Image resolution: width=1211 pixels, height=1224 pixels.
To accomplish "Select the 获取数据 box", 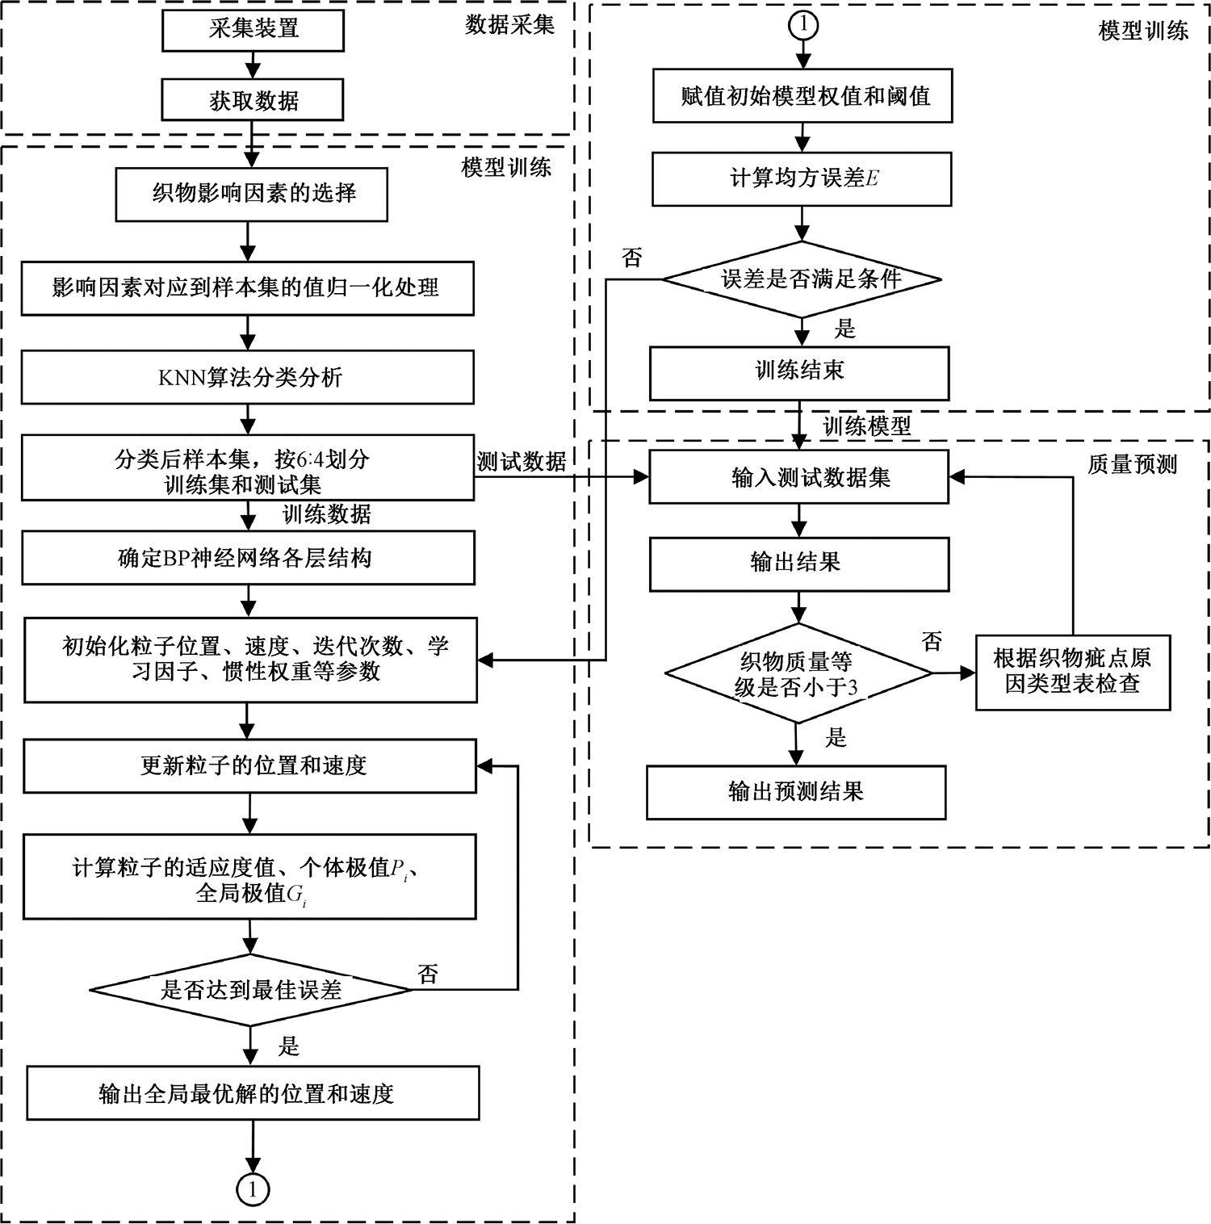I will click(254, 100).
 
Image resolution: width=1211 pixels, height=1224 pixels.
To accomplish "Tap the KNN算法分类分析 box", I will click(248, 377).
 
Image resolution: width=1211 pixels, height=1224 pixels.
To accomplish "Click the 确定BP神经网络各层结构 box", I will click(248, 558).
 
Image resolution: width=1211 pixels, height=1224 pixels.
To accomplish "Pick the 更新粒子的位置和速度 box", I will click(250, 765).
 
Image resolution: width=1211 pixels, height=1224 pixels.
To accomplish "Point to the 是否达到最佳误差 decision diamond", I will click(251, 990).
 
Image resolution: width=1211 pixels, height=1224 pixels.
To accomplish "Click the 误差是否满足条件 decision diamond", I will click(802, 279).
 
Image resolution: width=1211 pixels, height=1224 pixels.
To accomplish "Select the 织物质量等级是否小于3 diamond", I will click(798, 674).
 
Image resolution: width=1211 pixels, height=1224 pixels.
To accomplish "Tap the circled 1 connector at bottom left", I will click(253, 1189).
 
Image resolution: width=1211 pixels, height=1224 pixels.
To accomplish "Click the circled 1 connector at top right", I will click(802, 25).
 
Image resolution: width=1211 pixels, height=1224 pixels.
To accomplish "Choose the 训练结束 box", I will click(799, 371).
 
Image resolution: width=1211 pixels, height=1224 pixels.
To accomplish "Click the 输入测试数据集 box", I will click(799, 477).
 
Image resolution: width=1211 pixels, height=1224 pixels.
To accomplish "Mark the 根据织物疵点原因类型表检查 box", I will click(1073, 672).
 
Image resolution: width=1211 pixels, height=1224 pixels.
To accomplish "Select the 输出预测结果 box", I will click(796, 792).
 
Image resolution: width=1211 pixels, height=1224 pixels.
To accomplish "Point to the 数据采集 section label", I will click(509, 25).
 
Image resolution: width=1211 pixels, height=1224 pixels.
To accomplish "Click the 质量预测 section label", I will click(1132, 464).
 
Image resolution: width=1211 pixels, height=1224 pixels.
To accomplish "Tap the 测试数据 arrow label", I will click(522, 462).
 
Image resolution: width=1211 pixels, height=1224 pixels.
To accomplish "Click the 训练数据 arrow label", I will click(326, 514).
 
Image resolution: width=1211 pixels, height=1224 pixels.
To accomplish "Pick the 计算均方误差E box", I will click(802, 178).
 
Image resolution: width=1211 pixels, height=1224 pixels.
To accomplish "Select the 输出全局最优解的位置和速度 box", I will click(253, 1093).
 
